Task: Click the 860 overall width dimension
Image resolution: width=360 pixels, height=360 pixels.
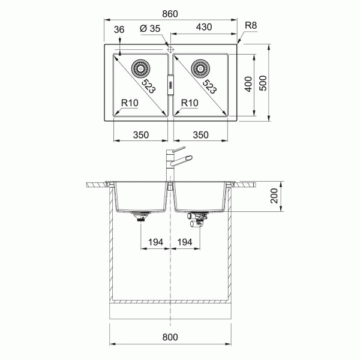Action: [x=170, y=14]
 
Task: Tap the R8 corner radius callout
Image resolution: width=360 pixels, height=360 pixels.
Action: [x=251, y=25]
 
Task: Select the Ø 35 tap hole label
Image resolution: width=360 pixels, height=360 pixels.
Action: [x=150, y=29]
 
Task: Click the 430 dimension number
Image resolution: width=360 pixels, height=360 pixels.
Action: [x=204, y=27]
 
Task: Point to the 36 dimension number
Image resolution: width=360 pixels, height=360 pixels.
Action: [x=119, y=29]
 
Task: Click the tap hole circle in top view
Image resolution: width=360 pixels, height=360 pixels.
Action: [x=170, y=49]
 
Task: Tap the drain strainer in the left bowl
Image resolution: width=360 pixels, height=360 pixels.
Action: [x=140, y=68]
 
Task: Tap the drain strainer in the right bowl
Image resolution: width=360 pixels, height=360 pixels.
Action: [x=200, y=68]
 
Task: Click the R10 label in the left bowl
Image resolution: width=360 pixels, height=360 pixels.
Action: [x=130, y=103]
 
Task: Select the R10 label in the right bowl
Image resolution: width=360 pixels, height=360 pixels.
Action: [x=190, y=103]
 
